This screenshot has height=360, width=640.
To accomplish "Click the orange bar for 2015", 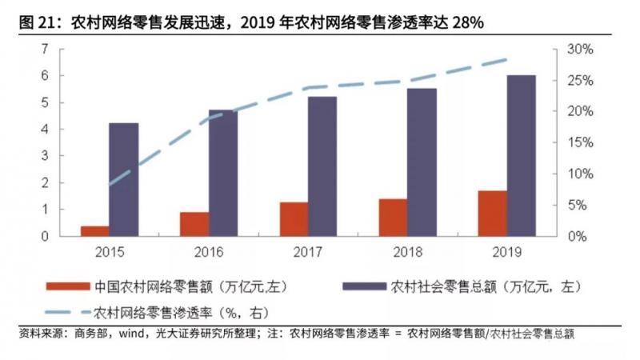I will (94, 231).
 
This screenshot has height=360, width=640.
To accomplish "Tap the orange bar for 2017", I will (294, 219).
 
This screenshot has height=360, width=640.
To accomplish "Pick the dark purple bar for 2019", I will (522, 156).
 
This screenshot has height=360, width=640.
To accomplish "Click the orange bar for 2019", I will (492, 214).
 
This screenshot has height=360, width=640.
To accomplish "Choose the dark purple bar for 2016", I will (223, 174).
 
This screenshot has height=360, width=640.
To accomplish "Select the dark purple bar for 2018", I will (422, 162).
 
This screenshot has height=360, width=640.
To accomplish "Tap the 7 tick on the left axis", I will (46, 50).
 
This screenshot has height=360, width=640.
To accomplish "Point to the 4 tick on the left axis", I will (46, 130).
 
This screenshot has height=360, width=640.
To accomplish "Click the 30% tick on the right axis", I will (581, 50).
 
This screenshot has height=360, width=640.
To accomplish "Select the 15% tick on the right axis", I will (581, 143).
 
